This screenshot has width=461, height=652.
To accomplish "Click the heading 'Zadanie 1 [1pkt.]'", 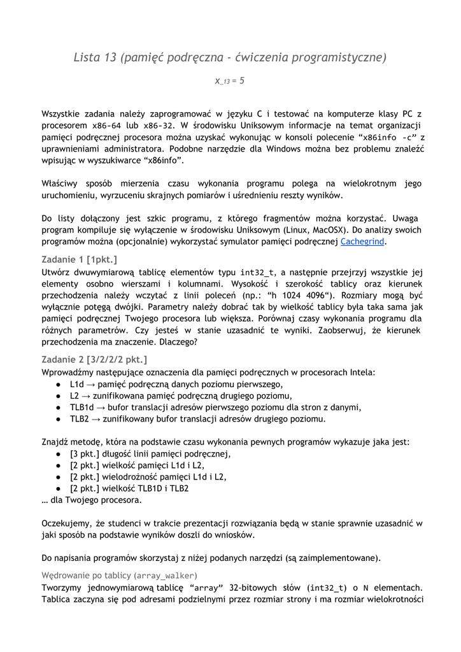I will pos(80,259).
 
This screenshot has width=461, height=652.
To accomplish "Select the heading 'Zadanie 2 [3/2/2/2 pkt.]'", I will pos(94,359).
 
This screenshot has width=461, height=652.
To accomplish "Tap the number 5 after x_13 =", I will pos(242,81).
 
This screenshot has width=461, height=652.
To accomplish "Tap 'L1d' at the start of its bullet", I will pos(77,384).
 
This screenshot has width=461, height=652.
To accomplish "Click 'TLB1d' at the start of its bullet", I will pos(82,407).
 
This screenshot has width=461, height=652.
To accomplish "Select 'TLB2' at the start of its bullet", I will pos(80,418).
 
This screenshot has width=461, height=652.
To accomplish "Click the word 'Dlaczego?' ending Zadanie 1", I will pos(176,342).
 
